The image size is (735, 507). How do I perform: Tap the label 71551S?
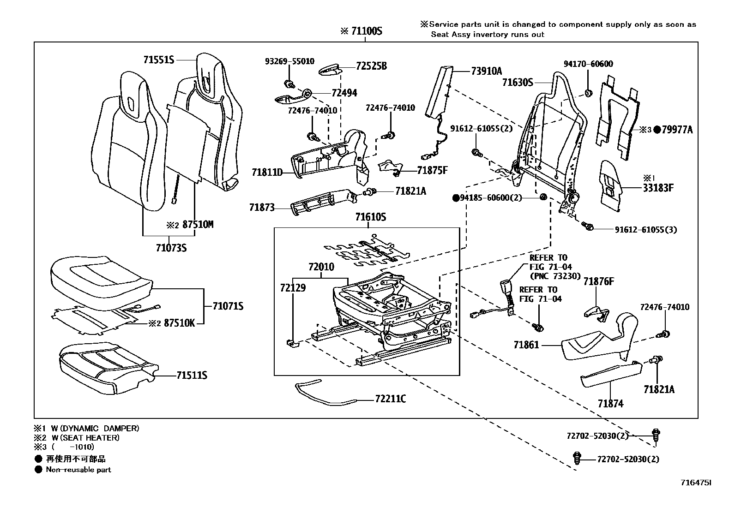point(158,60)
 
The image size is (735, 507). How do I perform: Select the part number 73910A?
point(486,71)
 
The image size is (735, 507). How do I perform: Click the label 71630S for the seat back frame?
point(518,83)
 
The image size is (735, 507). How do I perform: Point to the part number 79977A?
point(677,130)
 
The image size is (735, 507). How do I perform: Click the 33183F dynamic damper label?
point(658,188)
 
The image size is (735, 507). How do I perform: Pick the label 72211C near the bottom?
point(390,399)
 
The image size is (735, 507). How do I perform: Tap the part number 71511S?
point(192,376)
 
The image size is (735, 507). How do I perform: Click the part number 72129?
point(293,287)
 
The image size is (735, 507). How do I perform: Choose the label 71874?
point(610,404)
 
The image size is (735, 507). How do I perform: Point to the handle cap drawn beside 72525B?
point(330,70)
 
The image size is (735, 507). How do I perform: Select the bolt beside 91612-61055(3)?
point(588,226)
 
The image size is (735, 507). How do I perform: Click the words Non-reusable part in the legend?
point(78,470)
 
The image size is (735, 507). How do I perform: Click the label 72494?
point(344,93)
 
